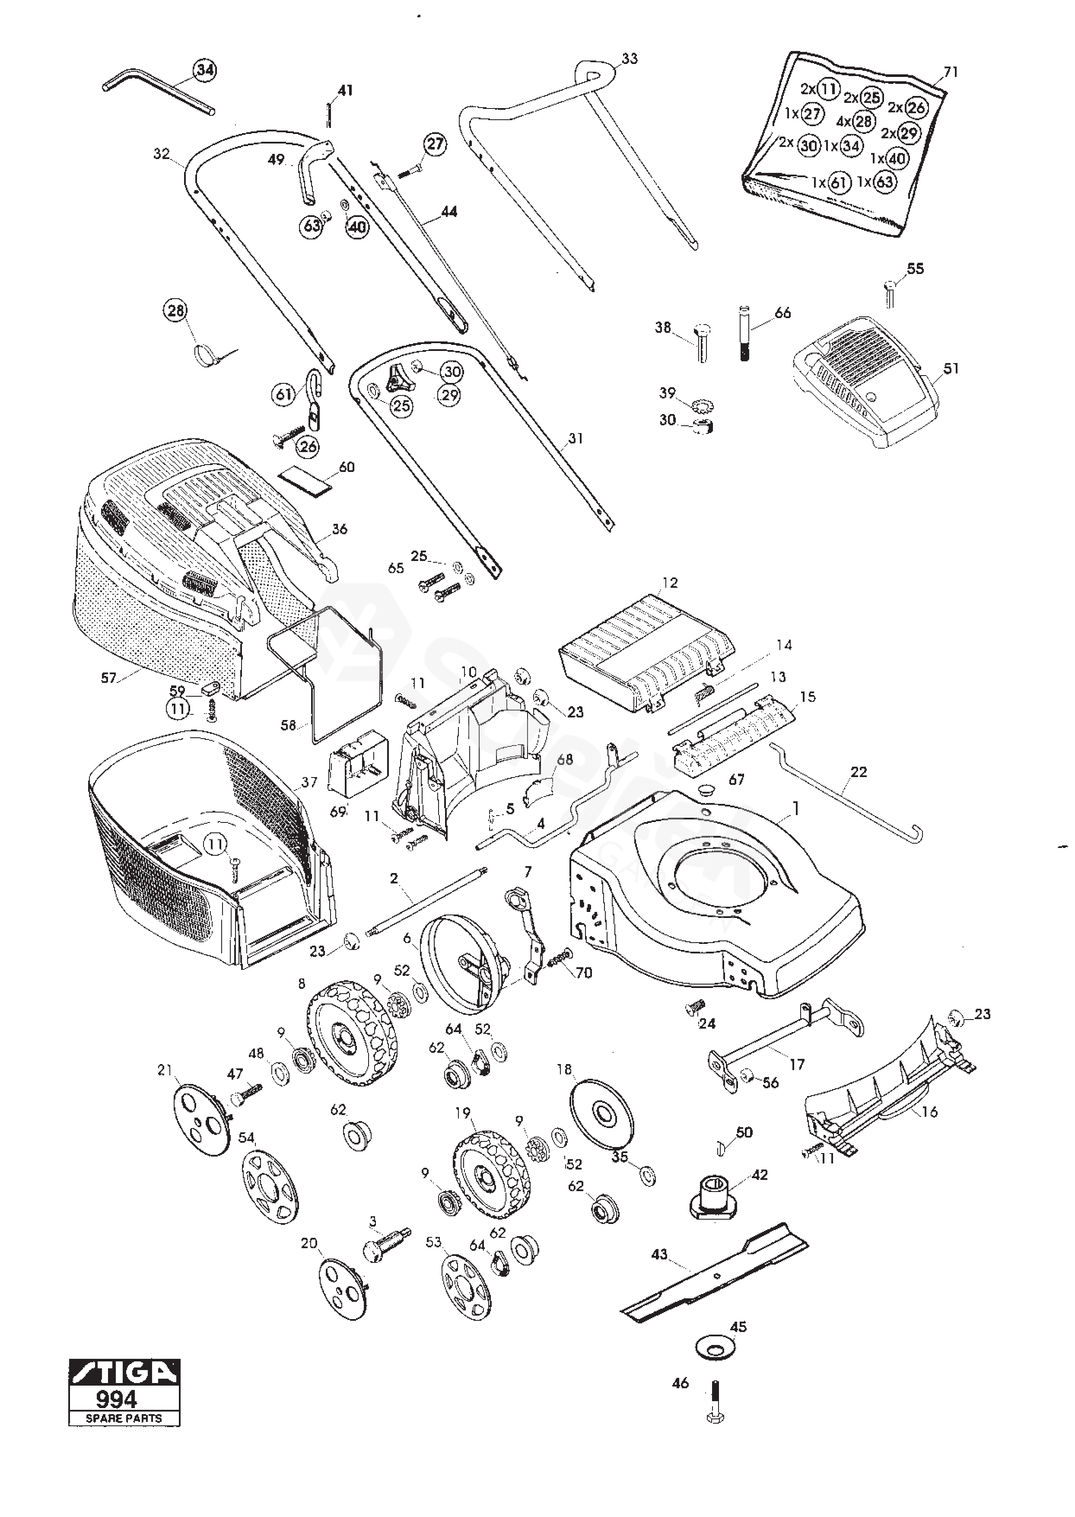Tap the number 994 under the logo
[x=117, y=1399]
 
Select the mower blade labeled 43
[x=715, y=1270]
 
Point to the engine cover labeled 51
[x=867, y=384]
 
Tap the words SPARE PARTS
[x=124, y=1418]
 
